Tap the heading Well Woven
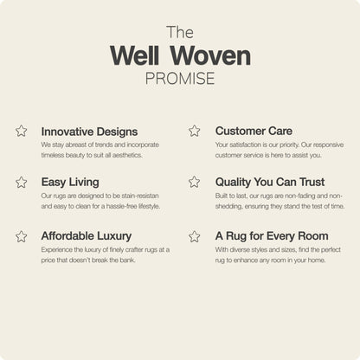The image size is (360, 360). pyautogui.click(x=180, y=56)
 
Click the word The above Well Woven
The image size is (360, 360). pyautogui.click(x=179, y=32)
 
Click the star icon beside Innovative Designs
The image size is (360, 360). pyautogui.click(x=21, y=131)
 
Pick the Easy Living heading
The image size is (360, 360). pyautogui.click(x=70, y=183)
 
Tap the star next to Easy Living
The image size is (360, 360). pyautogui.click(x=21, y=183)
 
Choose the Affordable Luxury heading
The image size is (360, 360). pyautogui.click(x=87, y=235)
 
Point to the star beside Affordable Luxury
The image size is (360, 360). pyautogui.click(x=21, y=235)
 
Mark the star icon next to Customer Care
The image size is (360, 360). pyautogui.click(x=195, y=131)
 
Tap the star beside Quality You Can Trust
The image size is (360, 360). pyautogui.click(x=195, y=183)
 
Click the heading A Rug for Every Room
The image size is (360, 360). pyautogui.click(x=272, y=235)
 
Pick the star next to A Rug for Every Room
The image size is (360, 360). pyautogui.click(x=195, y=235)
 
